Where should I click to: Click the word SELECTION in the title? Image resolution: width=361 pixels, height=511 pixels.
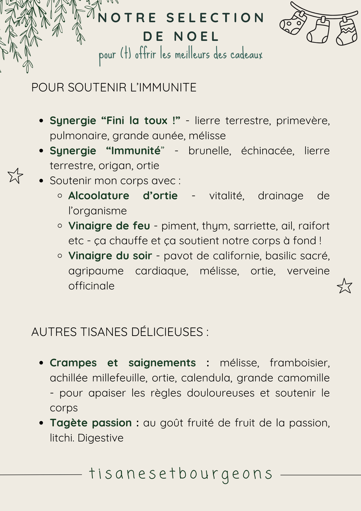coord(215,18)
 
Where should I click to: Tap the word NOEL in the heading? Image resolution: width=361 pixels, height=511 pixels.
coord(196,36)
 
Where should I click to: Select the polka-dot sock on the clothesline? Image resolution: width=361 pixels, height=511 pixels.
coord(293,23)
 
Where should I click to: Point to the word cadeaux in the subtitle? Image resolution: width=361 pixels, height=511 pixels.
coord(246,55)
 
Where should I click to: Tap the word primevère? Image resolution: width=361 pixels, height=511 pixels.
coord(303,121)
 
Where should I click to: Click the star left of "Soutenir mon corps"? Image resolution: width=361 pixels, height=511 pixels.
coord(15,176)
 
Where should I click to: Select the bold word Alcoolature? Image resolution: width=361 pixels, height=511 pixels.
coord(99,196)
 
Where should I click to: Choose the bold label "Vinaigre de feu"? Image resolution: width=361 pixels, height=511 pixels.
coord(109,226)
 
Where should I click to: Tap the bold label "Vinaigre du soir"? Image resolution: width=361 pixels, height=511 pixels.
coord(110,255)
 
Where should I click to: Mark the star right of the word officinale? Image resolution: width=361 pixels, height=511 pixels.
coord(344,286)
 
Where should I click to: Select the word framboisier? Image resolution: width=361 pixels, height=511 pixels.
coord(299,363)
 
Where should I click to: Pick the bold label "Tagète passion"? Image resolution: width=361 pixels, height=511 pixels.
coord(91,423)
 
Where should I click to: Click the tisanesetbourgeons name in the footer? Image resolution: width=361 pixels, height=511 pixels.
coord(180,474)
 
